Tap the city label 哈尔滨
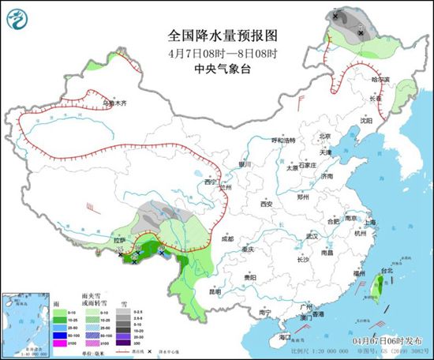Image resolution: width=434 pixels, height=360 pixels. [381, 80]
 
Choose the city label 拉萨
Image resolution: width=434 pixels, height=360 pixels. [119, 239]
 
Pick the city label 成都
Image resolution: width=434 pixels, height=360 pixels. [227, 238]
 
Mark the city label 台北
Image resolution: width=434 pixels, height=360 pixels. [386, 271]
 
